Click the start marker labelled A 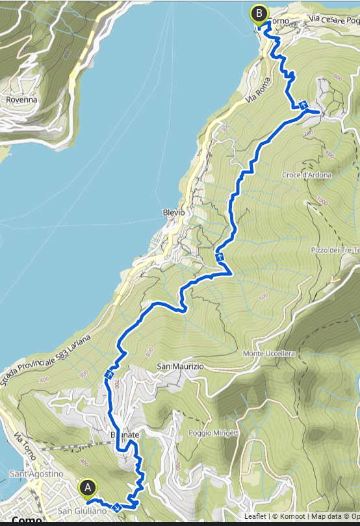pos(87,488)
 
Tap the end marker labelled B pos(260,13)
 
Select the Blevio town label pos(174,212)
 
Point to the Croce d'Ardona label pos(307,175)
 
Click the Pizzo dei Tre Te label pos(335,250)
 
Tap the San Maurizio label pos(180,367)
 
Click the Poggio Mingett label pos(216,432)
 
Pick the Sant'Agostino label pos(36,474)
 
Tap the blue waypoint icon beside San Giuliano pos(116,507)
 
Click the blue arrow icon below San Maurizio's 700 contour pos(109,375)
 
